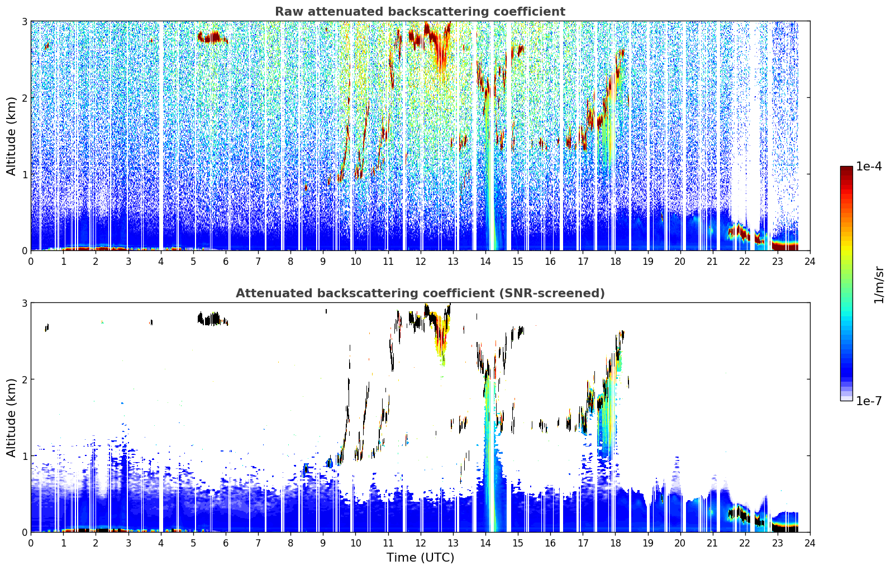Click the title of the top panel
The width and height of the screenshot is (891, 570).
pyautogui.click(x=420, y=12)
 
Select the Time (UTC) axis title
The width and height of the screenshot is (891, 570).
pyautogui.click(x=421, y=558)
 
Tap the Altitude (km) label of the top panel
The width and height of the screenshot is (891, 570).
pyautogui.click(x=11, y=136)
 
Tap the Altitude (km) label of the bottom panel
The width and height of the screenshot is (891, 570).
pyautogui.click(x=11, y=418)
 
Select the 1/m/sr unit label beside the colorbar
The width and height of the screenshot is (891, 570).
pyautogui.click(x=879, y=286)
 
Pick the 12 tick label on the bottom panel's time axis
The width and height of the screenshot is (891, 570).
pyautogui.click(x=421, y=543)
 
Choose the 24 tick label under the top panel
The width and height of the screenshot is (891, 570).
pyautogui.click(x=810, y=262)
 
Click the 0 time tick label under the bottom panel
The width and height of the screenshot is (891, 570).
pyautogui.click(x=31, y=543)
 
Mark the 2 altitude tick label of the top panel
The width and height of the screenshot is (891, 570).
pyautogui.click(x=24, y=98)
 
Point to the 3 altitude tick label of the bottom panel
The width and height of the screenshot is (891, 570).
pyautogui.click(x=24, y=303)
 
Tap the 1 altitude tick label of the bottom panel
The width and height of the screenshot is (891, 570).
pyautogui.click(x=24, y=456)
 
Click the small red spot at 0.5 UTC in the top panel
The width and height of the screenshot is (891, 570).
pyautogui.click(x=47, y=46)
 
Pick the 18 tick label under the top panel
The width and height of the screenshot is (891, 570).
pyautogui.click(x=616, y=262)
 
